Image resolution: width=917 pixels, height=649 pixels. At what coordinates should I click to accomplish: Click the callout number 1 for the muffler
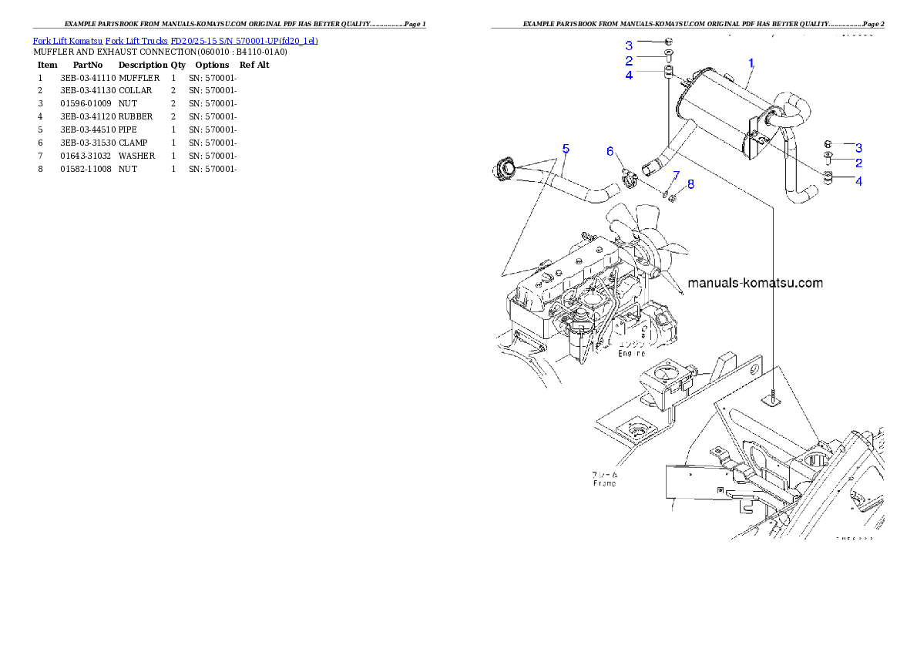coord(751,61)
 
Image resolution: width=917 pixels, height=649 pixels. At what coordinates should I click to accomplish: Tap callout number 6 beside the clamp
coord(610,152)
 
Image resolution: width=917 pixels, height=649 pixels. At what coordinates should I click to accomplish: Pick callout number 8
coord(690,184)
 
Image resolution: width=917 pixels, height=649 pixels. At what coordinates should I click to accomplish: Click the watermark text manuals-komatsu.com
coord(754,283)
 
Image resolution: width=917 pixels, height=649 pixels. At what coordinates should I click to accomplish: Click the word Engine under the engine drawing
coord(632,353)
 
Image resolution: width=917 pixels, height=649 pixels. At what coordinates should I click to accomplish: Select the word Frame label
coord(604,483)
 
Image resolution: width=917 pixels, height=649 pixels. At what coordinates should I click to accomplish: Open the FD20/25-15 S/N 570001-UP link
coord(244,40)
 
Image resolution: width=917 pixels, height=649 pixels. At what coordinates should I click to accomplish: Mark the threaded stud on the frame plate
coord(773,395)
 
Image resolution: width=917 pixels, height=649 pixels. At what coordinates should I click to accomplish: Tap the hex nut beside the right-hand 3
coord(828,143)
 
